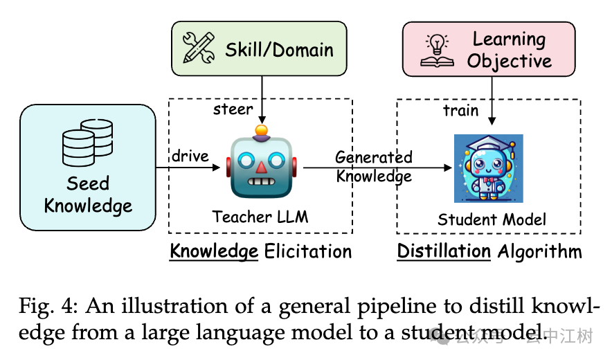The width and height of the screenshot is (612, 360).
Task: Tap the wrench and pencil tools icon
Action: [x=199, y=48]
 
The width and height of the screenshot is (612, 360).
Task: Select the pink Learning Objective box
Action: [x=489, y=49]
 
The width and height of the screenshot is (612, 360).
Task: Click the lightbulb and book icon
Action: [x=438, y=50]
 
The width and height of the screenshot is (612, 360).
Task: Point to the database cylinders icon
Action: [x=87, y=141]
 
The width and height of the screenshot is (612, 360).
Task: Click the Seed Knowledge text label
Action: [x=88, y=195]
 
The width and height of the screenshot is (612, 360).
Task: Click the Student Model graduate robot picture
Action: [x=488, y=168]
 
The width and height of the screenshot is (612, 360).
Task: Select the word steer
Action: [x=233, y=109]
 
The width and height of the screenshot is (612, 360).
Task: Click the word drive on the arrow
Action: [x=190, y=156]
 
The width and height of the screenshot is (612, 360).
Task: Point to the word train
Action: [x=461, y=110]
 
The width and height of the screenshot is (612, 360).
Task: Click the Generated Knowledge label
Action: [x=374, y=167]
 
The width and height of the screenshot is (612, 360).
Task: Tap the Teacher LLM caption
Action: [x=260, y=217]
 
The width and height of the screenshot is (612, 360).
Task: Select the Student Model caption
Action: [x=492, y=219]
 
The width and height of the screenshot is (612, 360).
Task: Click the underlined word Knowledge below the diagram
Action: [x=214, y=251]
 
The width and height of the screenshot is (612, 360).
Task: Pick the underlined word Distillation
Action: [x=444, y=251]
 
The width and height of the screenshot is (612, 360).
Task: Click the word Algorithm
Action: [x=540, y=251]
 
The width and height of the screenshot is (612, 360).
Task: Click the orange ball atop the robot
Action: [x=261, y=130]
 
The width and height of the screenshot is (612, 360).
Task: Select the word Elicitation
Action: [x=307, y=251]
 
